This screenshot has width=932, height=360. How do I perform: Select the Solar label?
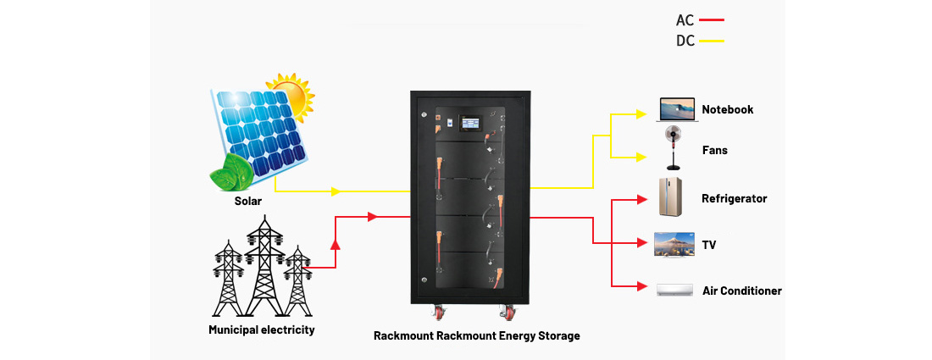pos(248,202)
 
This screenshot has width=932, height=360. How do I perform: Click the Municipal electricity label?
pos(261,330)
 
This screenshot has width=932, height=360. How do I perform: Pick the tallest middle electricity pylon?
pos(264,263)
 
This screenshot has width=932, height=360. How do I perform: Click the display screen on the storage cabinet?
pos(469,124)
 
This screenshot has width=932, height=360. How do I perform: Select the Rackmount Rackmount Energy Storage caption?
pos(477,335)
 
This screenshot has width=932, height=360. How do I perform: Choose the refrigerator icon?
pos(670,197)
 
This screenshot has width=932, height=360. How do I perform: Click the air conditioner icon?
pos(675,291)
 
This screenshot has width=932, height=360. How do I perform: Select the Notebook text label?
pos(727,109)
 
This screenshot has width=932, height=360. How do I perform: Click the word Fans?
pos(714,150)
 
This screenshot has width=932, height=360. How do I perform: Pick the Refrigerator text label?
pos(734,198)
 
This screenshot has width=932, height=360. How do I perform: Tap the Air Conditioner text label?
pos(742,291)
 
